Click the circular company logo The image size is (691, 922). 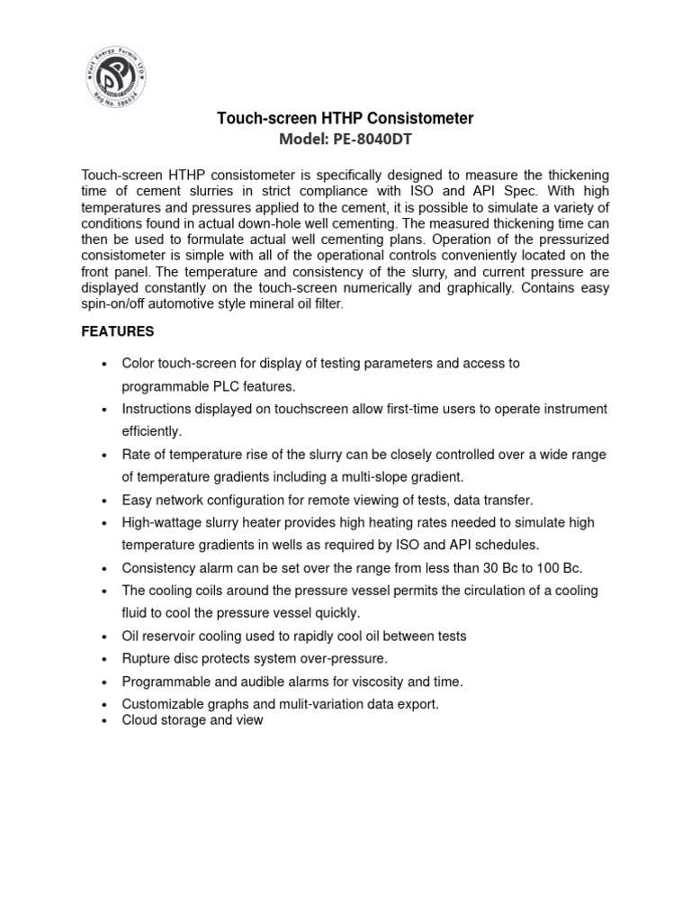point(114,77)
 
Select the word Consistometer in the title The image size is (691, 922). point(421,118)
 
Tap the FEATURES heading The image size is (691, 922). point(117,331)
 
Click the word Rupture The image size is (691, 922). point(147,658)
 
